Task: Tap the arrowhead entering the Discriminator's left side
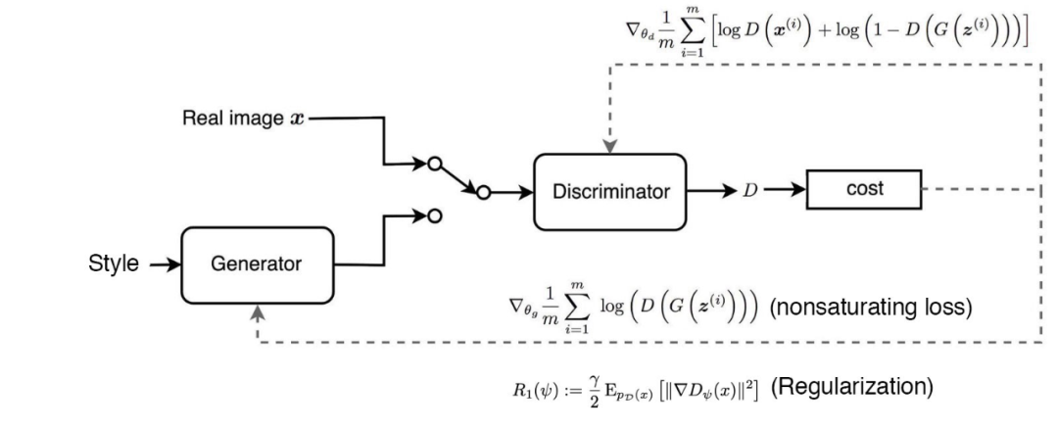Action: (x=527, y=192)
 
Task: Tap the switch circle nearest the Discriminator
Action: (x=481, y=192)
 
